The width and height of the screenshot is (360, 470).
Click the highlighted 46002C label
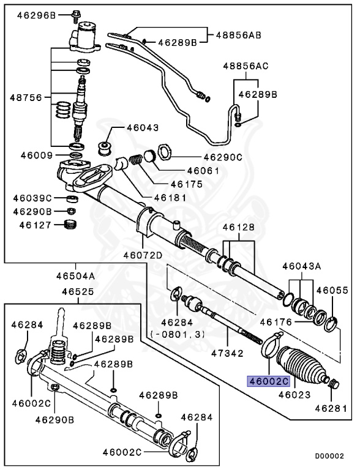(268, 380)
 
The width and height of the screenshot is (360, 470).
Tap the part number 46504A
(72, 275)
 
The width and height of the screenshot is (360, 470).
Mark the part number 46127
(29, 225)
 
